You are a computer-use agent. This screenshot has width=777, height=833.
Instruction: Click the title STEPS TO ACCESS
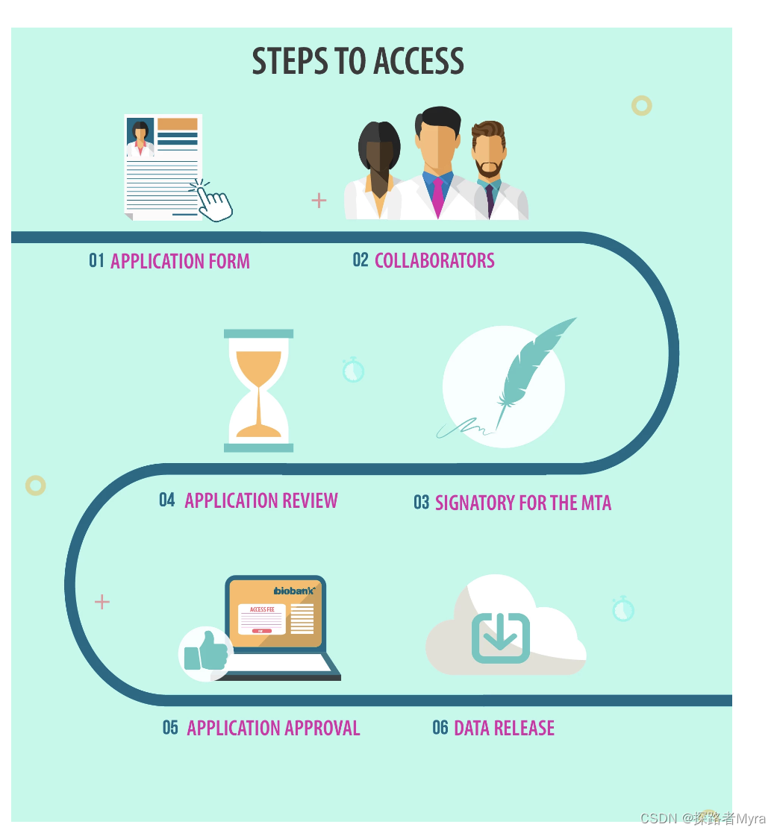tap(358, 61)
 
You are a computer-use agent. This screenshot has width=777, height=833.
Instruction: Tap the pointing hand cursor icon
tap(215, 202)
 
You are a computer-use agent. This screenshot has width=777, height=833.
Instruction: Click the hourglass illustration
tap(258, 391)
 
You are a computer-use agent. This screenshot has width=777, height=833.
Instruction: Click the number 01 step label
tap(96, 260)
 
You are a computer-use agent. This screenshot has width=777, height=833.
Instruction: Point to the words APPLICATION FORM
tap(180, 262)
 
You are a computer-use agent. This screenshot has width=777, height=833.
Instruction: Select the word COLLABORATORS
tap(434, 260)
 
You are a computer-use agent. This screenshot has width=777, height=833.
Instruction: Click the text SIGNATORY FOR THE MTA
tap(522, 503)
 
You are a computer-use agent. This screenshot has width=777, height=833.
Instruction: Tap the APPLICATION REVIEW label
tap(261, 500)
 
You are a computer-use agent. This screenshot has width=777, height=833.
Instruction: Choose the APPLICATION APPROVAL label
tap(273, 728)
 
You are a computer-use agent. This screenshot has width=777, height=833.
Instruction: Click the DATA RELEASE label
tap(504, 728)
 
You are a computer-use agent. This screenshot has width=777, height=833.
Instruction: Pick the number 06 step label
tap(440, 727)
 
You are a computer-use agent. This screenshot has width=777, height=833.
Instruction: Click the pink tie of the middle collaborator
tap(437, 196)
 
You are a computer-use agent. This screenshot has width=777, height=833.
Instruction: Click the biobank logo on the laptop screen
tap(295, 591)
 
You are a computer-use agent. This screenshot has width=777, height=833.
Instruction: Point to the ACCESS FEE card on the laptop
tap(262, 619)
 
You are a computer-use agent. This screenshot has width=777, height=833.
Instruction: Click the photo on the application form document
tap(140, 138)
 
